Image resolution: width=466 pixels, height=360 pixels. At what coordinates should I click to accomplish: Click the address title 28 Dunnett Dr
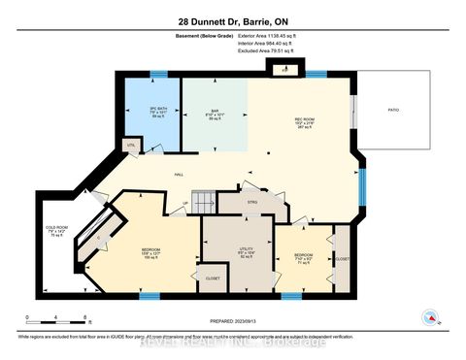click(x=232, y=21)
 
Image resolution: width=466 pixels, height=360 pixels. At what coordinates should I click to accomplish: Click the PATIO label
click(x=393, y=112)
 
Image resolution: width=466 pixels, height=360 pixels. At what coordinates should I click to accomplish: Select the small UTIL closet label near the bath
click(x=129, y=144)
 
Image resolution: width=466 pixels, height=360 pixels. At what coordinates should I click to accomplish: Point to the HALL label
click(x=180, y=174)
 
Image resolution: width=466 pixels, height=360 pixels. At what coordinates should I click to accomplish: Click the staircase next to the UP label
click(x=203, y=202)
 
